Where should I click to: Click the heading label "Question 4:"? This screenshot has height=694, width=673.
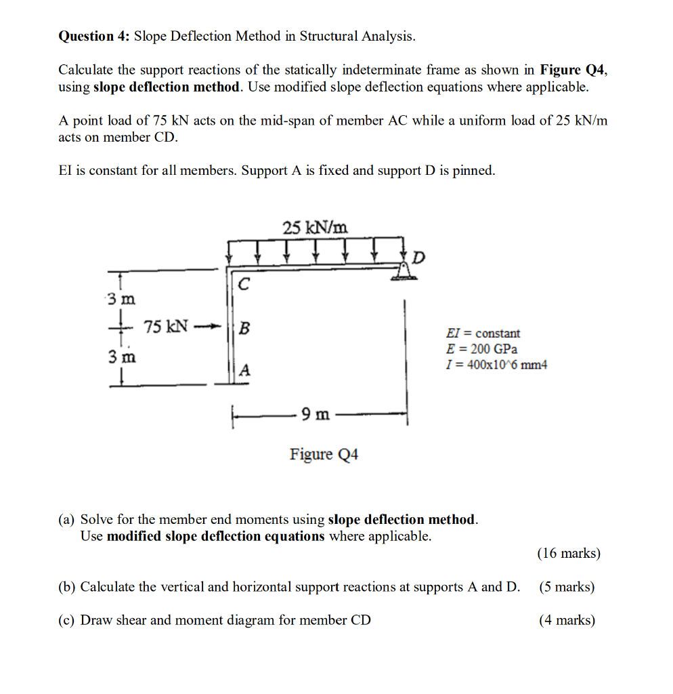coord(94,37)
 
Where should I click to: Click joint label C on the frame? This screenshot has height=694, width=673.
coord(244,285)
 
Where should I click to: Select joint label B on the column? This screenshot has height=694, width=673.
coord(244,328)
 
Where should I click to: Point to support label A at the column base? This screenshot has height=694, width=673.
coord(244,371)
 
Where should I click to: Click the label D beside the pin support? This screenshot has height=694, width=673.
coord(420,258)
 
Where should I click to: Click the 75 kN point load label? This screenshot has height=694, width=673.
coord(166,327)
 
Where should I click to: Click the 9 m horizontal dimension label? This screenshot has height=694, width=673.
coord(316,413)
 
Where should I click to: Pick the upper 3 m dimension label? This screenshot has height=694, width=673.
coord(121,298)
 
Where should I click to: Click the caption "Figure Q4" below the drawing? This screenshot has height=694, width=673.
coord(324,454)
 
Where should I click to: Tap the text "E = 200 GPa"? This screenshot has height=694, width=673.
coord(481,349)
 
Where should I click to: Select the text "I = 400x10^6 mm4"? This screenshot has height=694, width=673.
coord(496,365)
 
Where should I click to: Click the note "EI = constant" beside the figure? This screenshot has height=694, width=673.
coord(483,333)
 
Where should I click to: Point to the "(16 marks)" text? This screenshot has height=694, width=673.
coord(568,554)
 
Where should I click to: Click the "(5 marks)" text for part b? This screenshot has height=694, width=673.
coord(567,587)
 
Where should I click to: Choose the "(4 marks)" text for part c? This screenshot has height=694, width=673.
coord(567,620)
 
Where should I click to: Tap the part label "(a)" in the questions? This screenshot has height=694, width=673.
coord(66,520)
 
